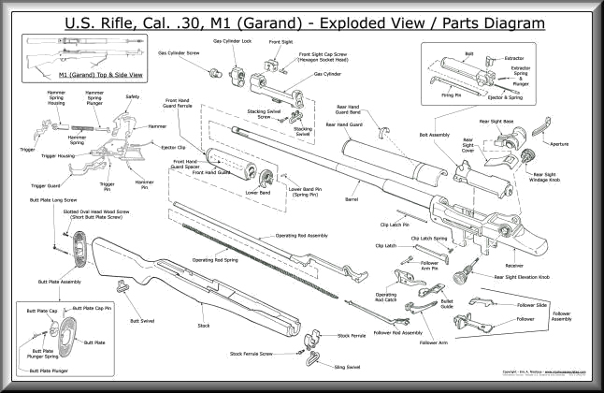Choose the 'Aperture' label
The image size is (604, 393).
(x=558, y=144)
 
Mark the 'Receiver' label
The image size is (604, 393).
(x=514, y=265)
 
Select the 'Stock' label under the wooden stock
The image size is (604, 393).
(x=202, y=327)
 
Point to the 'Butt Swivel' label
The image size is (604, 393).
(x=143, y=319)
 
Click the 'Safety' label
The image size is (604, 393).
(x=132, y=96)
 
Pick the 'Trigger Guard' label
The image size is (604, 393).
(x=45, y=185)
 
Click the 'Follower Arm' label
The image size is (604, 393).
(x=434, y=342)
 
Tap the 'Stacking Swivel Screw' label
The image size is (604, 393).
(x=265, y=114)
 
